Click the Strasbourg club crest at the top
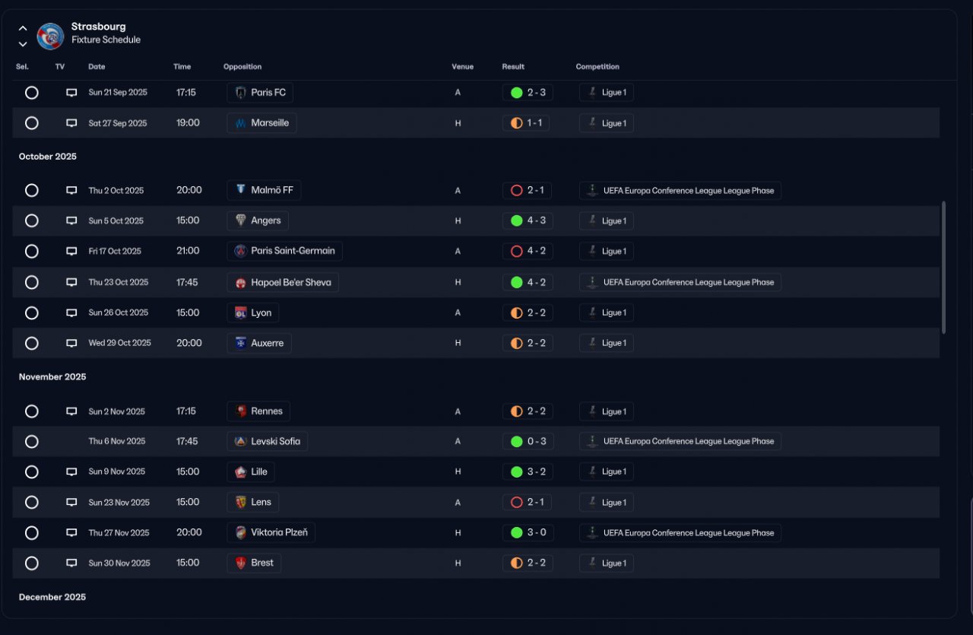pyautogui.click(x=50, y=36)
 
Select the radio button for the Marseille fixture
pyautogui.click(x=31, y=123)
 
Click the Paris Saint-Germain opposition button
pyautogui.click(x=284, y=251)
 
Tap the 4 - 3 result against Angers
pyautogui.click(x=528, y=221)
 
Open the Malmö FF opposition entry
pyautogui.click(x=264, y=190)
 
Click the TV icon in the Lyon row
pyautogui.click(x=71, y=313)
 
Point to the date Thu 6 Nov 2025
pyautogui.click(x=116, y=441)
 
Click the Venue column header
pyautogui.click(x=462, y=67)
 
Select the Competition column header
pyautogui.click(x=597, y=67)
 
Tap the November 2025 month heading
pyautogui.click(x=52, y=377)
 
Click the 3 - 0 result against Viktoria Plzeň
pyautogui.click(x=528, y=532)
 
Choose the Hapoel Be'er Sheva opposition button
pyautogui.click(x=283, y=282)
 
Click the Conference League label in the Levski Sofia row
pyautogui.click(x=680, y=441)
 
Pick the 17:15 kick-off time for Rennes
pyautogui.click(x=186, y=411)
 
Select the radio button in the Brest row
pyautogui.click(x=31, y=564)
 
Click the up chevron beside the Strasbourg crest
pyautogui.click(x=23, y=28)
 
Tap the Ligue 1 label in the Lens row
pyautogui.click(x=607, y=503)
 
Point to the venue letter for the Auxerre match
pyautogui.click(x=458, y=343)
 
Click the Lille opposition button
pyautogui.click(x=251, y=471)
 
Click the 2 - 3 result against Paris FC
pyautogui.click(x=528, y=93)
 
